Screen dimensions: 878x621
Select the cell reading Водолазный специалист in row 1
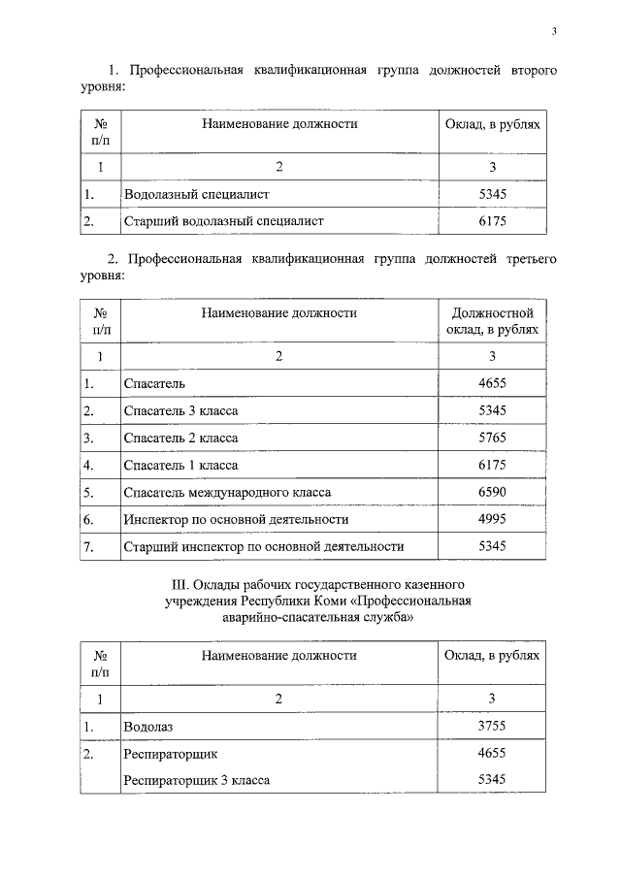coord(196,194)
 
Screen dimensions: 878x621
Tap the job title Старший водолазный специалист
coord(223,221)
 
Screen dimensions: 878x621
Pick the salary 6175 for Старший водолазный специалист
coord(492,221)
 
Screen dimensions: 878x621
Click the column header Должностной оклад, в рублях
coord(492,322)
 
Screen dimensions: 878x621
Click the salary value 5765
coord(492,439)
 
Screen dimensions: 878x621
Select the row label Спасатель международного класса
coord(227,493)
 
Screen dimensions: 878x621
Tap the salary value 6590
coord(492,493)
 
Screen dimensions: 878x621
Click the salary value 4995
coord(492,520)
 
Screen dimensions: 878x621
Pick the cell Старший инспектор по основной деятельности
coord(264,547)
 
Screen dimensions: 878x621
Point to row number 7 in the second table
coord(88,547)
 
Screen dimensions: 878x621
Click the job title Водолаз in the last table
coord(147,726)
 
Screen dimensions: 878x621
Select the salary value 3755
coord(492,726)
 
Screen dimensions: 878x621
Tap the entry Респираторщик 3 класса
coord(197,780)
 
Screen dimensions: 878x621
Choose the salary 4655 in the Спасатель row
coord(492,384)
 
